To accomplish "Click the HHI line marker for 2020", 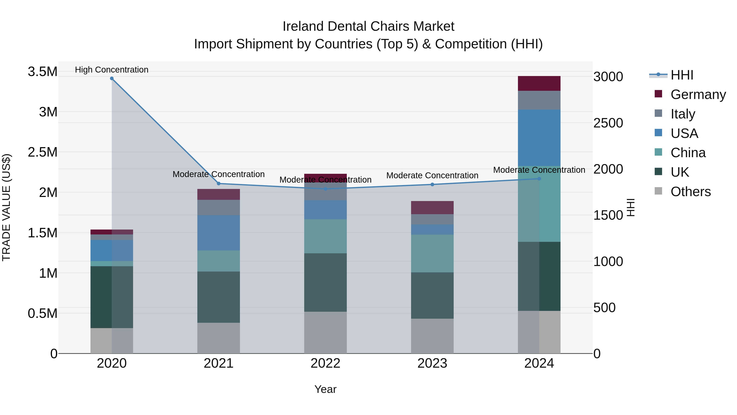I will [112, 78].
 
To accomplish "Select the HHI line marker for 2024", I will [539, 179].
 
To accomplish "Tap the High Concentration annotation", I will [112, 70].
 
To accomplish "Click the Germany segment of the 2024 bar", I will [539, 83].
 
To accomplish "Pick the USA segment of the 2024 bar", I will [539, 138].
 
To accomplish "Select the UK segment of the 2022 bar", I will [325, 282].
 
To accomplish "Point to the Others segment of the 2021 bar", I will [219, 338].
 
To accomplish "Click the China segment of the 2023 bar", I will [432, 254].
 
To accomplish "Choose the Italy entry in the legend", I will [682, 114].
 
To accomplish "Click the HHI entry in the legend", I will [682, 75].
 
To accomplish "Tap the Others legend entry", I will [690, 192].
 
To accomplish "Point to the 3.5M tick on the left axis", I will [42, 72].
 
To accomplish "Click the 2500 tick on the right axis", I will [608, 123].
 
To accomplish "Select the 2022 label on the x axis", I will [325, 363].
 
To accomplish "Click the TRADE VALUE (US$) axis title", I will [6, 207].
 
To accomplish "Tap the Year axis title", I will [325, 389].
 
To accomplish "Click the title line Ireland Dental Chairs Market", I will [368, 26].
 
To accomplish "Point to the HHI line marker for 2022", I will [325, 189].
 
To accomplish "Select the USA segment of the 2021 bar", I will [219, 233].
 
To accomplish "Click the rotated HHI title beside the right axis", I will [631, 207].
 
